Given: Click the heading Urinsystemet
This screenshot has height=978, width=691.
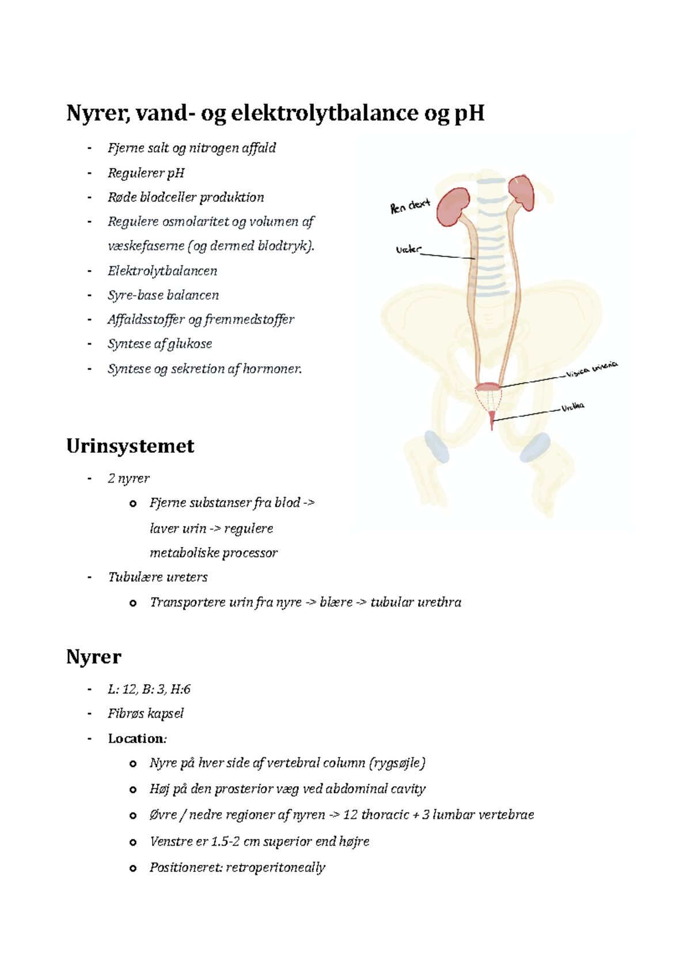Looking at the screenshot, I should pyautogui.click(x=130, y=446).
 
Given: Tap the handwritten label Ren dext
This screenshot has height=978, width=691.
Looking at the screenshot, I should pyautogui.click(x=410, y=206).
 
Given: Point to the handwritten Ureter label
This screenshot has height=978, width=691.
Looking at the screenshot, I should pyautogui.click(x=408, y=249).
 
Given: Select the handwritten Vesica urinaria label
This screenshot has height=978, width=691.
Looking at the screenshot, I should pyautogui.click(x=591, y=369).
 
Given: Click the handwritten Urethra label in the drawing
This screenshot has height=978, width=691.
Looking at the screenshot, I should pyautogui.click(x=573, y=407).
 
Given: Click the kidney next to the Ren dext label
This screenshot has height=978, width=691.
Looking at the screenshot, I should pyautogui.click(x=452, y=206).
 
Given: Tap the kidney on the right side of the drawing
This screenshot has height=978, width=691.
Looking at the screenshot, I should pyautogui.click(x=521, y=192).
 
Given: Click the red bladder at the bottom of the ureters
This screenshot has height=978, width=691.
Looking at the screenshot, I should pyautogui.click(x=488, y=387).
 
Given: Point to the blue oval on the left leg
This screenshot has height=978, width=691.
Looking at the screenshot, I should pyautogui.click(x=436, y=446).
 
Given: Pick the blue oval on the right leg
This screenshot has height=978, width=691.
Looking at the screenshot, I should pyautogui.click(x=535, y=448).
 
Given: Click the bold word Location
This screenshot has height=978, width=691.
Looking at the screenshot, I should pyautogui.click(x=136, y=738).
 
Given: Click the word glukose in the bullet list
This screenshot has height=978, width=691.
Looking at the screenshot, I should pyautogui.click(x=190, y=344).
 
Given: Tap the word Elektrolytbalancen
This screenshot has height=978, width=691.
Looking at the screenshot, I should pyautogui.click(x=162, y=271).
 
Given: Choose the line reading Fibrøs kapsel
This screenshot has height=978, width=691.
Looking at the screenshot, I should pyautogui.click(x=146, y=714).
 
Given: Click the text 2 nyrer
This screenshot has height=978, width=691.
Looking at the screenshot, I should pyautogui.click(x=128, y=478).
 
